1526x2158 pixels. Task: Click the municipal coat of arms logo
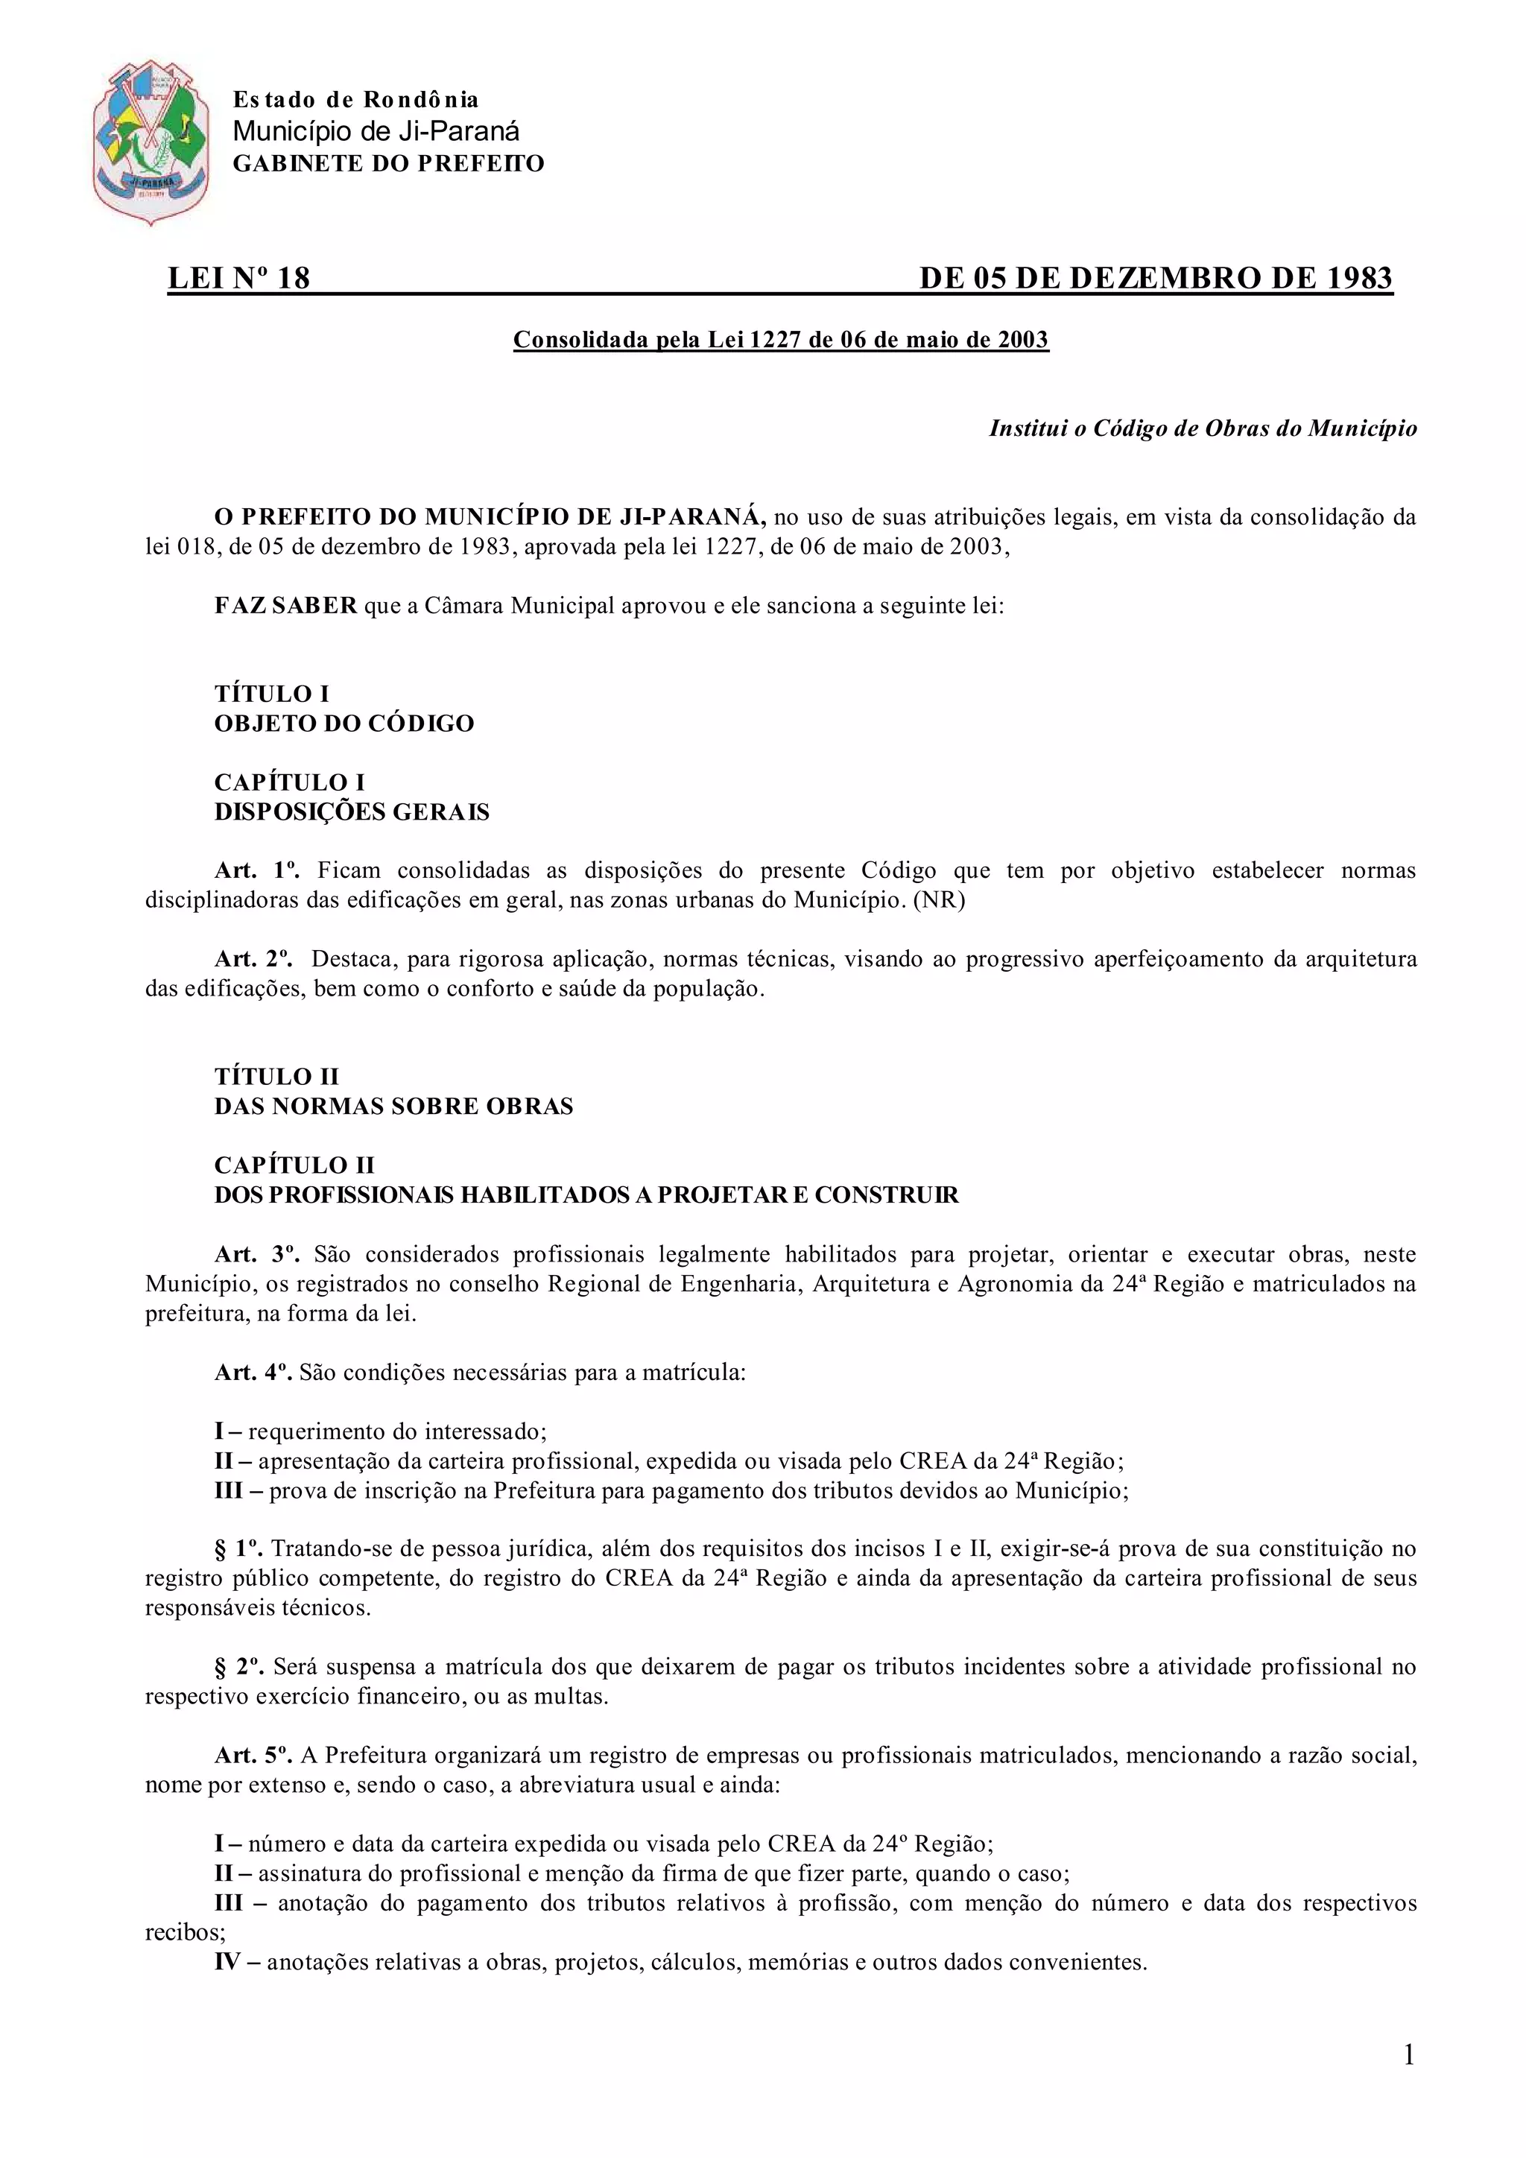151,143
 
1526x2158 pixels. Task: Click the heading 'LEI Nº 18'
238,278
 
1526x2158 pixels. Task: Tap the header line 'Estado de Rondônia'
355,100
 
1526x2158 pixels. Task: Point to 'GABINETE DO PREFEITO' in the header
388,163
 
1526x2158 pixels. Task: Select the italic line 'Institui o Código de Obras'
1203,428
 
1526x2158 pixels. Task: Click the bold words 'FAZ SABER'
285,605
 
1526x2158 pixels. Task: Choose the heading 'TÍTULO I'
271,694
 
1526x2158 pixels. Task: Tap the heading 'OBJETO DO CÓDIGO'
344,724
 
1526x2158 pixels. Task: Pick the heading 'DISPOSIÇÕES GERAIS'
352,812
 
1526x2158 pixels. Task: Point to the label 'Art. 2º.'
253,960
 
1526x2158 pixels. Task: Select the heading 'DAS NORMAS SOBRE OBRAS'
393,1107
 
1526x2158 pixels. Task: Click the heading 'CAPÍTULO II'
294,1165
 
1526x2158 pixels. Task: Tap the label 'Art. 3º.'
256,1254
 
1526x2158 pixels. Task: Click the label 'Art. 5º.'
253,1755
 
